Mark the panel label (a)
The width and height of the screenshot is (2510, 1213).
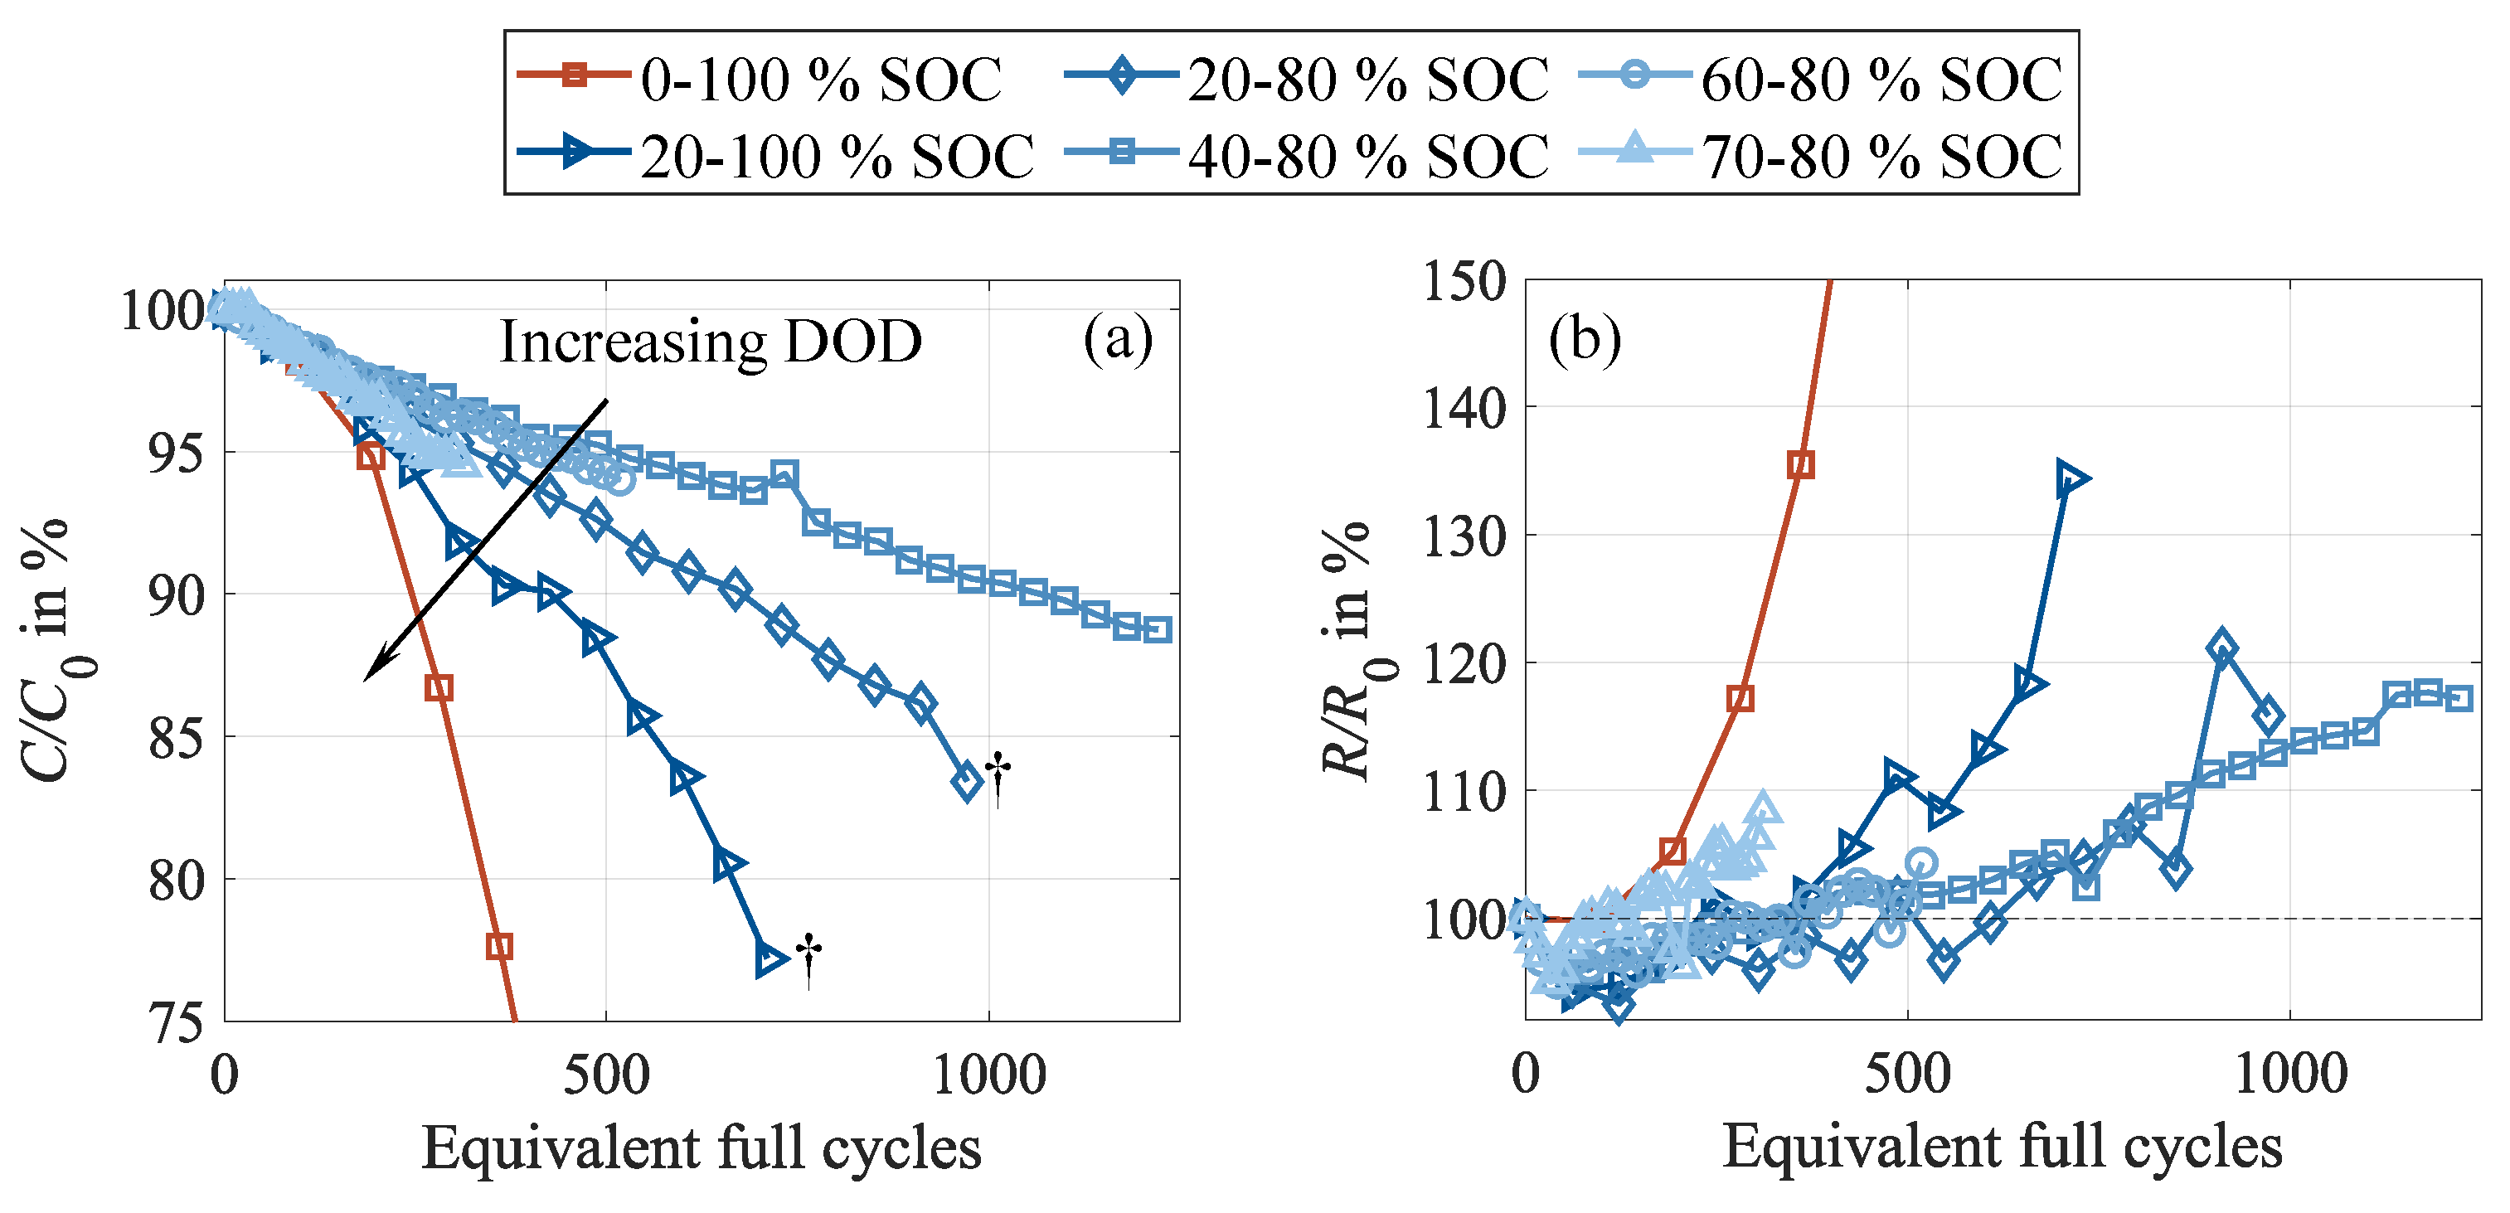[x=1118, y=339]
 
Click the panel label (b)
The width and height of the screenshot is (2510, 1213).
[x=1585, y=339]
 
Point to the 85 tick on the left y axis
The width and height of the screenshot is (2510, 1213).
[x=177, y=739]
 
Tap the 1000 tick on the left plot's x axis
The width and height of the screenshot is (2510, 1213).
[x=989, y=1075]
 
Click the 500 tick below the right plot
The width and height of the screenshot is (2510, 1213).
[x=1907, y=1075]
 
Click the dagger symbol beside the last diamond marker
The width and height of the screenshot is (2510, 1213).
[x=998, y=779]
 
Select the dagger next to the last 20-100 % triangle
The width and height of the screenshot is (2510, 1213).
[x=808, y=958]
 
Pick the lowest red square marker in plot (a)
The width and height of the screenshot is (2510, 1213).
[x=499, y=946]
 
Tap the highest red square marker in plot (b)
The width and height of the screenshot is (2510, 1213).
[x=1802, y=465]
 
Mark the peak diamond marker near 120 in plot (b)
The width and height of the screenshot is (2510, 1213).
[x=2221, y=648]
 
